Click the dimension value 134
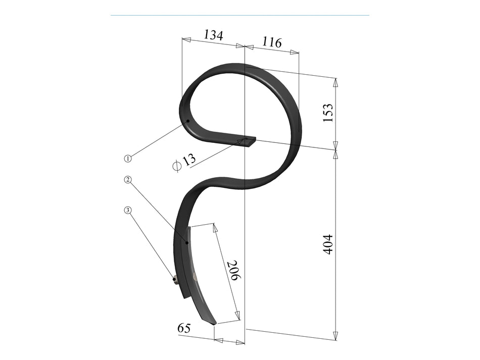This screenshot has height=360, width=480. click(213, 35)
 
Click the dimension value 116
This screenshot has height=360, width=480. click(272, 42)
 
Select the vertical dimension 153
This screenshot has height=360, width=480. click(328, 113)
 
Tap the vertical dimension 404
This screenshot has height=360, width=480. click(328, 244)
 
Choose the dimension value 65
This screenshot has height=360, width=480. click(184, 328)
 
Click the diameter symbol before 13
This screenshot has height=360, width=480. click(176, 165)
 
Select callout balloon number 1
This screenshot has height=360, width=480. click(128, 159)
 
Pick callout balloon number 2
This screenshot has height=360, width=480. click(128, 180)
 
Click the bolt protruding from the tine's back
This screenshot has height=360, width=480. click(174, 279)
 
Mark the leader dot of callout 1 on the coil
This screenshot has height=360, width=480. click(187, 121)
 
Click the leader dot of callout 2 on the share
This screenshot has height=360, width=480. click(187, 243)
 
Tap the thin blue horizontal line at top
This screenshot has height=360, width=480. click(239, 15)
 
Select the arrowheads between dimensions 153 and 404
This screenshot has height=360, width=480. click(335, 150)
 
